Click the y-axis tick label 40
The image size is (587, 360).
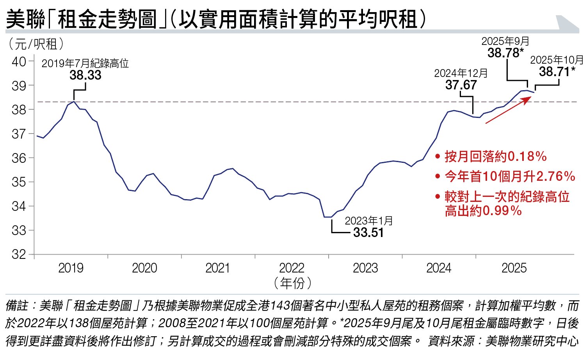[19, 61]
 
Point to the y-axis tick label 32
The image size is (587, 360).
[19, 254]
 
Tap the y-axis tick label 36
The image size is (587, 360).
[19, 158]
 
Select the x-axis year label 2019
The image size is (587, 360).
[71, 268]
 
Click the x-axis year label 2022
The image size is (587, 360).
[292, 268]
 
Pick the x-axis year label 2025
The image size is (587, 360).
[514, 268]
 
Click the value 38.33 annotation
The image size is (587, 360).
[85, 75]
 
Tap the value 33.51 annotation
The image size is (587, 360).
[368, 233]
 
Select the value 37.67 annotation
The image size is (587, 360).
[461, 85]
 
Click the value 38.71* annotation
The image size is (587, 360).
[557, 71]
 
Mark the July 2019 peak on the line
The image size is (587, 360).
[74, 102]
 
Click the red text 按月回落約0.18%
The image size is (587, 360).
[495, 157]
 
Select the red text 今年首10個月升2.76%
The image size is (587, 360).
[510, 176]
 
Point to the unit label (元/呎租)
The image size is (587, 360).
[36, 44]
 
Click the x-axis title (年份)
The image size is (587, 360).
[292, 283]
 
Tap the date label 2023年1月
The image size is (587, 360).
[369, 221]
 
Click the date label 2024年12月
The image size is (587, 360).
[461, 73]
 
